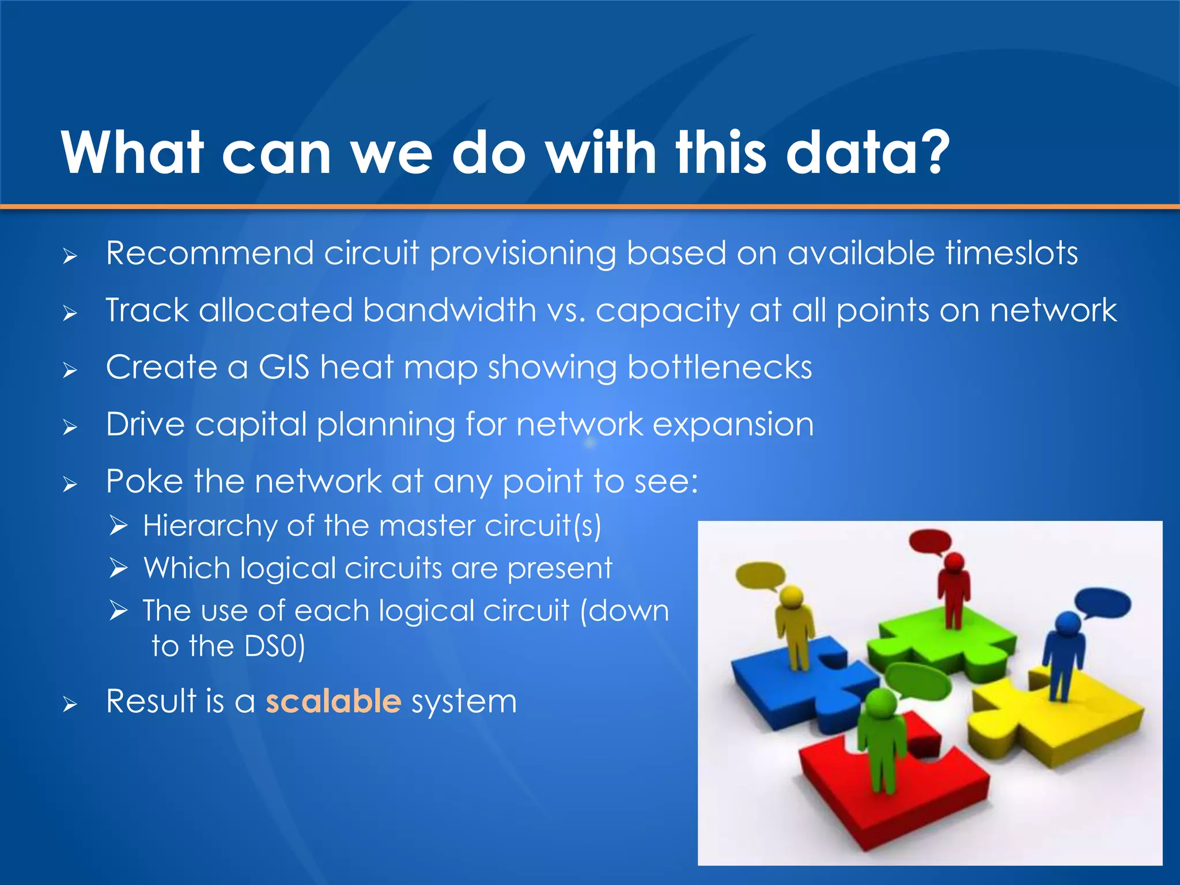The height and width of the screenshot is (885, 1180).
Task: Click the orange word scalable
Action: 333,701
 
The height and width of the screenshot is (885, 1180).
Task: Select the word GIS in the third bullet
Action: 283,367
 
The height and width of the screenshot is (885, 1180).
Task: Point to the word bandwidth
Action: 449,310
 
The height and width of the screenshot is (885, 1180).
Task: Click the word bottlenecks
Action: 719,367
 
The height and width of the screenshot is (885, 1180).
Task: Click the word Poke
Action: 144,481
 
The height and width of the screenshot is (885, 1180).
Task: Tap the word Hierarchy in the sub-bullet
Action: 210,526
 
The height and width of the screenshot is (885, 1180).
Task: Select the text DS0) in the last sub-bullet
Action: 274,646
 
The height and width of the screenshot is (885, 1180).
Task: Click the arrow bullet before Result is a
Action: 70,704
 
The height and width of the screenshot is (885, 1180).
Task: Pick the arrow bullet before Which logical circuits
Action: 118,569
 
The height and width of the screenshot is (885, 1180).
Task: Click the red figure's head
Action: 955,561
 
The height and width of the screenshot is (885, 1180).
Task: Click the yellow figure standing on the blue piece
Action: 795,628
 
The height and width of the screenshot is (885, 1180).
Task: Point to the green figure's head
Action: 881,703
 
